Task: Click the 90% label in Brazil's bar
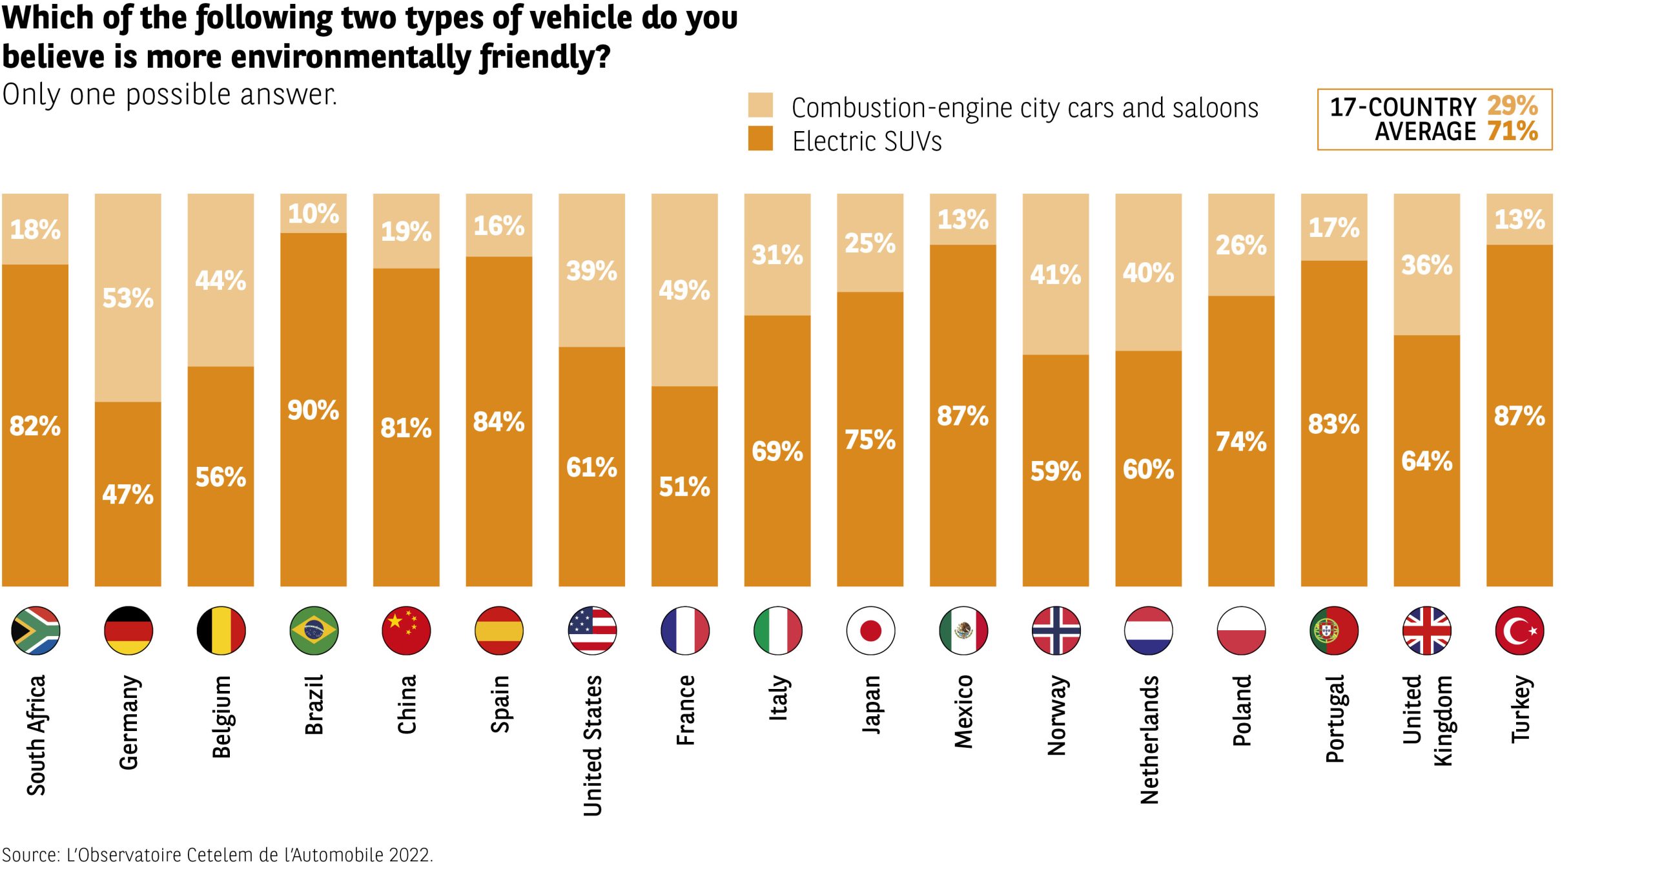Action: tap(313, 411)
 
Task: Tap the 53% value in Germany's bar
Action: tap(128, 298)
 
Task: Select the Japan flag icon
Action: tap(870, 630)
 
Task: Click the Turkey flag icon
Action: tap(1519, 630)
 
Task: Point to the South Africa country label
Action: tap(36, 735)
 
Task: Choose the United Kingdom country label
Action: tap(1427, 720)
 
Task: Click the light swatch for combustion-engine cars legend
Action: tap(760, 105)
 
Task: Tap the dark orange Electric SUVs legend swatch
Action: tap(760, 139)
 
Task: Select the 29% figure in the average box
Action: tap(1512, 106)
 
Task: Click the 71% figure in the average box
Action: tap(1512, 132)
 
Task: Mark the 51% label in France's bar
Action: tap(684, 487)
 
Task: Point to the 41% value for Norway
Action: tap(1056, 275)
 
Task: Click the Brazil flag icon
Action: tap(314, 630)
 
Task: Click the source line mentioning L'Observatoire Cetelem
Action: tap(218, 855)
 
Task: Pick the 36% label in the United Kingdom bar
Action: tap(1426, 265)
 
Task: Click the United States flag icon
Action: tap(592, 630)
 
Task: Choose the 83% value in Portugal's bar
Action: tap(1334, 424)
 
